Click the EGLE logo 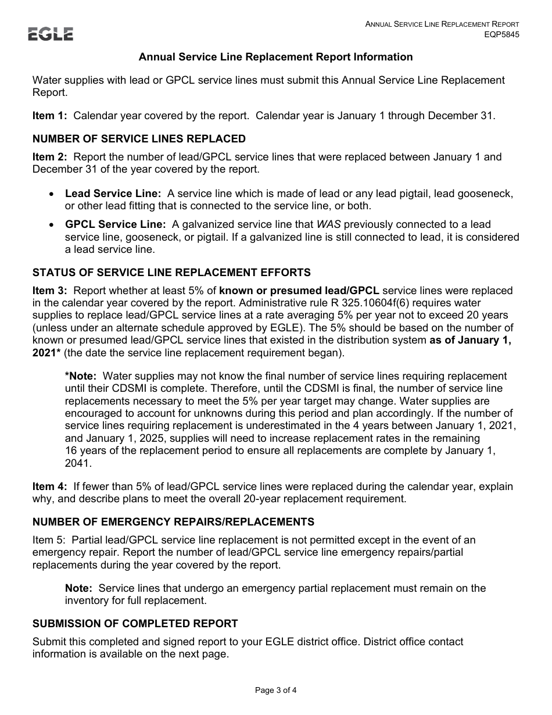[51, 35]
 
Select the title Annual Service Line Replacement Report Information [275, 57]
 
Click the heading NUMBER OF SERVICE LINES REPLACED [139, 139]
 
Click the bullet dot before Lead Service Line [52, 194]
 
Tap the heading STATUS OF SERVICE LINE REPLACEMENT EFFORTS [171, 273]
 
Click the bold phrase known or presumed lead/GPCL [299, 291]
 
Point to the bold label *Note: [81, 376]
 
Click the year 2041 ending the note [77, 463]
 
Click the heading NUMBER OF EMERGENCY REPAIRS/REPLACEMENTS [173, 522]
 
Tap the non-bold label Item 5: [49, 540]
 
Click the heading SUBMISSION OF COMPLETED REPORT [135, 624]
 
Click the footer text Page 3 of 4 [276, 691]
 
